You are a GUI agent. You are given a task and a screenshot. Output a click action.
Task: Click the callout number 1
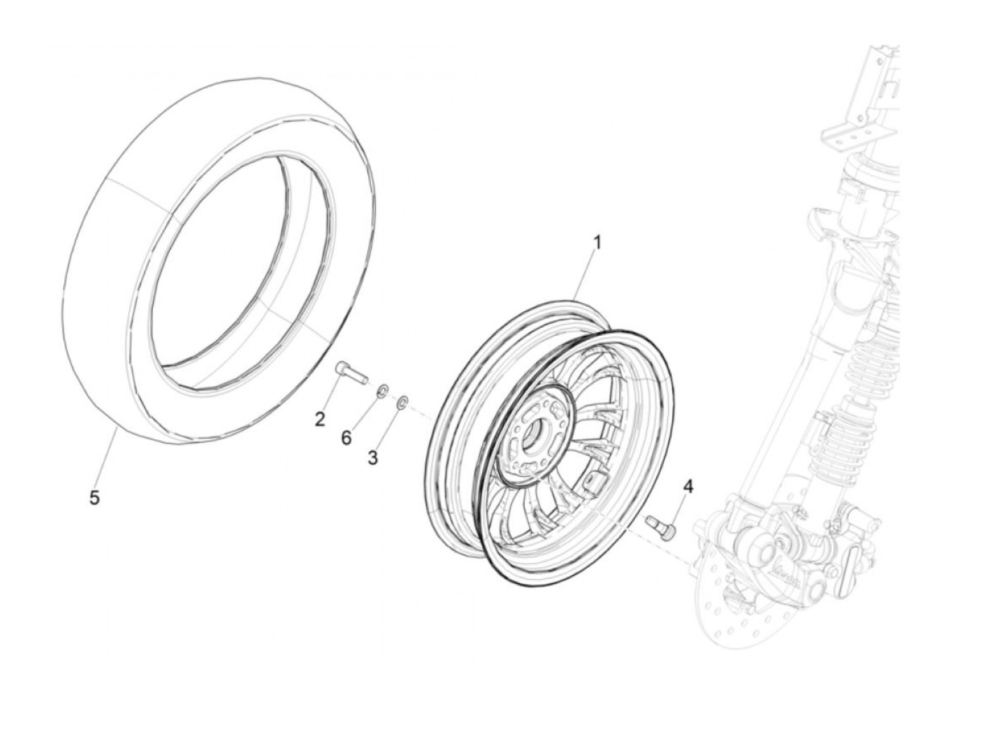coord(596,243)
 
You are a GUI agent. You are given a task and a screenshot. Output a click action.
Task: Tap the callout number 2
coord(320,420)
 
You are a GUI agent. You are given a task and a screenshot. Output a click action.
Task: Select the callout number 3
coord(372,458)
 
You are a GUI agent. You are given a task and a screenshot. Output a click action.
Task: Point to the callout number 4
coord(688,486)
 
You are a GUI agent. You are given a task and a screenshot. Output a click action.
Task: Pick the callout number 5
coord(94,498)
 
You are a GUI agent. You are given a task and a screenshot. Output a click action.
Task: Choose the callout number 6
coord(345,438)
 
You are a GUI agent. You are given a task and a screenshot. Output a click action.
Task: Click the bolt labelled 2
coord(350,371)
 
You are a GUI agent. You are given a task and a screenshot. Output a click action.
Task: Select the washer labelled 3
coord(402,403)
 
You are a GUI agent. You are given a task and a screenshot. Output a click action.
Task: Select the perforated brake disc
coord(733,600)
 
